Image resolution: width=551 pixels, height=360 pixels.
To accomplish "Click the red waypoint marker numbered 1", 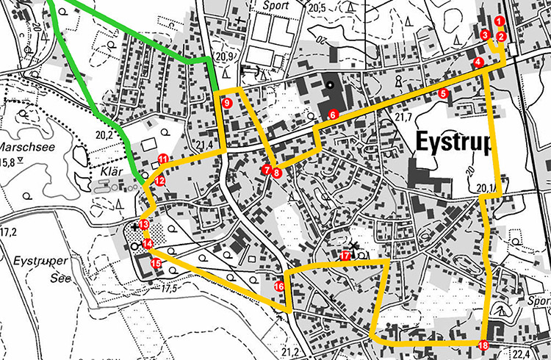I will pyautogui.click(x=499, y=21).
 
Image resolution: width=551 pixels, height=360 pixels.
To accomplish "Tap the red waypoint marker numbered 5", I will pyautogui.click(x=443, y=94).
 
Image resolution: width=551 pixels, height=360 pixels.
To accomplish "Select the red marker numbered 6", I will pyautogui.click(x=333, y=115).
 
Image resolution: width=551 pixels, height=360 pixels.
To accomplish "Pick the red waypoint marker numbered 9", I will pyautogui.click(x=227, y=104).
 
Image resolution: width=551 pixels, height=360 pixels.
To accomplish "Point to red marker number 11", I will pyautogui.click(x=162, y=159).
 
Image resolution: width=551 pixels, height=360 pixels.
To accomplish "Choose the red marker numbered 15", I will pyautogui.click(x=156, y=263).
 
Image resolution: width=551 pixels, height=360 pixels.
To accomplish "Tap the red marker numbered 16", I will pyautogui.click(x=279, y=287).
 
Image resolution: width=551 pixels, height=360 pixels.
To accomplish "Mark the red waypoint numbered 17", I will pyautogui.click(x=345, y=256).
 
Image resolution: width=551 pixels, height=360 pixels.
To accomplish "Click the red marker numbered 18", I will pyautogui.click(x=483, y=346).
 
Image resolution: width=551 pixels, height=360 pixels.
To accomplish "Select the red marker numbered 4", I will pyautogui.click(x=478, y=62).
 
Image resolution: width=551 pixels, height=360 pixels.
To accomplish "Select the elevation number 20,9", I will pyautogui.click(x=225, y=56).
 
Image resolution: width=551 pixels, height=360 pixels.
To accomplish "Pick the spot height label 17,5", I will pyautogui.click(x=170, y=289).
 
